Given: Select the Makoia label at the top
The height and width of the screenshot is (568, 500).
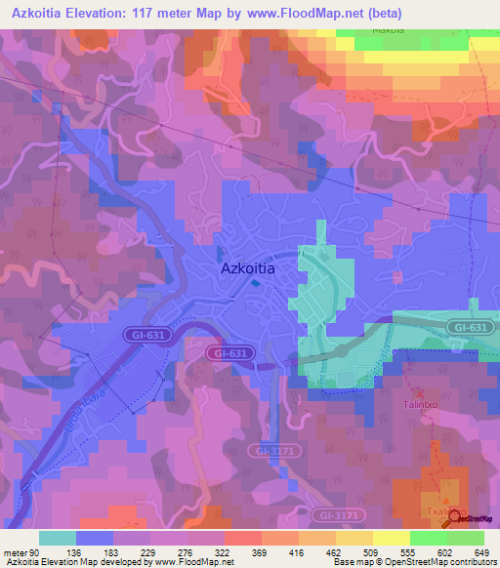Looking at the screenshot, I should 388,29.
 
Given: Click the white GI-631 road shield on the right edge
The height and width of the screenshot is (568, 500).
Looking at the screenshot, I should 471,327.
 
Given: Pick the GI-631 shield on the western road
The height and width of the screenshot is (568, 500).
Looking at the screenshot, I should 144,335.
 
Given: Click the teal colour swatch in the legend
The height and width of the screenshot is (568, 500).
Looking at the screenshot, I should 58,538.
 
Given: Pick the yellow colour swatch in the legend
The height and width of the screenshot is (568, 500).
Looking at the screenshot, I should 391,538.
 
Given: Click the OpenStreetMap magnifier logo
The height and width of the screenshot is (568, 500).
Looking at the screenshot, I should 453,518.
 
